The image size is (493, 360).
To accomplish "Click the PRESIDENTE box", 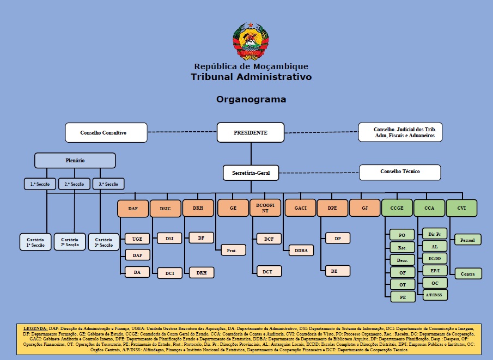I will tap(251, 132).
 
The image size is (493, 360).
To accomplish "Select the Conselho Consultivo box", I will tap(106, 132).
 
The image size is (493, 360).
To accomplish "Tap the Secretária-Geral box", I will tap(251, 173).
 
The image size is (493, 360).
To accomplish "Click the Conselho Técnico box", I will tap(400, 172).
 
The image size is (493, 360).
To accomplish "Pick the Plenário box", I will tap(75, 161).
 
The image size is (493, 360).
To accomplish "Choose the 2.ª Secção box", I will tap(74, 184).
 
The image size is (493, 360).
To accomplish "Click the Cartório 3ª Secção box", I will tap(104, 242).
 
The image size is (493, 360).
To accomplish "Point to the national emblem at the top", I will tap(251, 41).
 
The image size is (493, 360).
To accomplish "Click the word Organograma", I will tap(251, 99).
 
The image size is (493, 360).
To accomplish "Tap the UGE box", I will tap(137, 239).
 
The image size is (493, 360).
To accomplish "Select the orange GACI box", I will tap(300, 208).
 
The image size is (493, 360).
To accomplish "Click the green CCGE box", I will tap(397, 208).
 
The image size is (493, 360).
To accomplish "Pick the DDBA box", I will tap(302, 251).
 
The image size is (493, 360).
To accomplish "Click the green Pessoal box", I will tap(467, 240).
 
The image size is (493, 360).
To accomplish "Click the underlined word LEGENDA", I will tap(35, 330).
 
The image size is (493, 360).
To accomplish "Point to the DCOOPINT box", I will tap(265, 208).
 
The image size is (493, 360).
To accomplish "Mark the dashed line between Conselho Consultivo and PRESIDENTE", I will tap(182, 132).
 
